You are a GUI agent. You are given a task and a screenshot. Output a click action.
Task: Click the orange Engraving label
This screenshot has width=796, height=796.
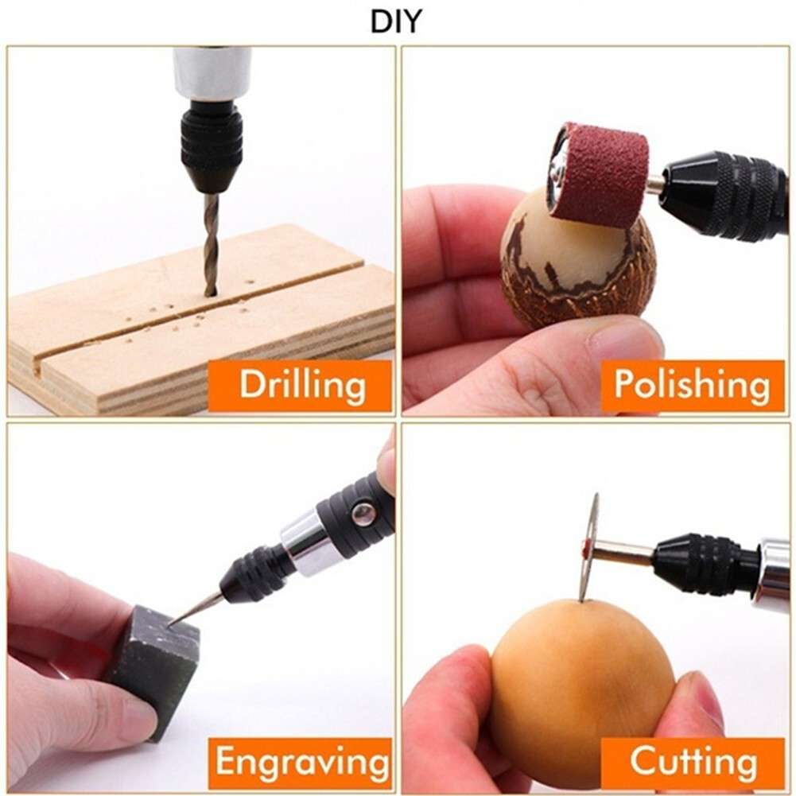(301, 763)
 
